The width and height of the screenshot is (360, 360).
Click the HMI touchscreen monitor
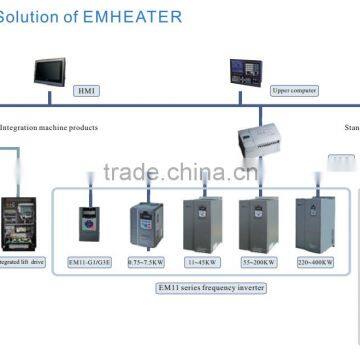pos(50,70)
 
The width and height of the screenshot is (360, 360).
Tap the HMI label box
pos(89,90)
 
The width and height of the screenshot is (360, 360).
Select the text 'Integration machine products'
pos(49,128)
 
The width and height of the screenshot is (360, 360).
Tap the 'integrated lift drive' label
pos(23,262)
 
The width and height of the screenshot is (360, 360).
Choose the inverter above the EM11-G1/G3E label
pos(89,226)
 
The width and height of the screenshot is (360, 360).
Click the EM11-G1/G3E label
pos(89,262)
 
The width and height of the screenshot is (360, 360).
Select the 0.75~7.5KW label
pos(147,262)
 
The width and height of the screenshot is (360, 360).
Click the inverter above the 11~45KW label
pos(202,222)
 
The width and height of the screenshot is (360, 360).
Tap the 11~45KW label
pos(203,262)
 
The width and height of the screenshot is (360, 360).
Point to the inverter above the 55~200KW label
pos(258,222)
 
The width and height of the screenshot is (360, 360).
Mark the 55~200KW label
pos(259,262)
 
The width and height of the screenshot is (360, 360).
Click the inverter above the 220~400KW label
pos(314,222)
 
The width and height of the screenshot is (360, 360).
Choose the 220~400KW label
pos(315,262)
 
